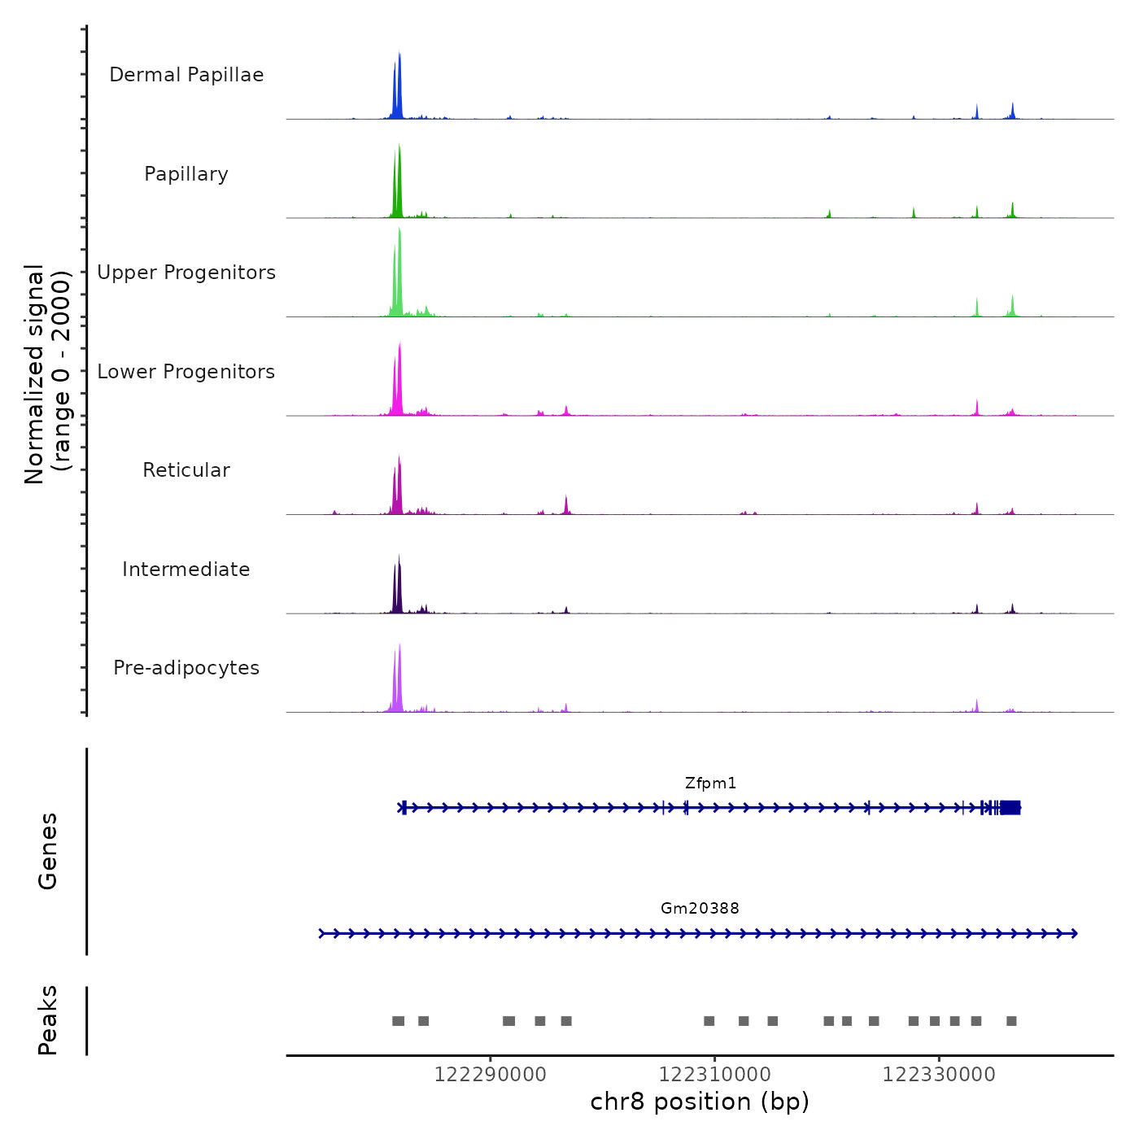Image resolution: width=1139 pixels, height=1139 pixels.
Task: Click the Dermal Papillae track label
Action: coord(186,75)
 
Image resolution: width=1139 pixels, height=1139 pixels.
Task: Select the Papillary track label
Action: coord(186,174)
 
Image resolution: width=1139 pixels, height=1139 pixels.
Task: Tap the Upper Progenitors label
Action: coord(186,273)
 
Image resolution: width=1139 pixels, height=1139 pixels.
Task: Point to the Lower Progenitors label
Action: coord(186,372)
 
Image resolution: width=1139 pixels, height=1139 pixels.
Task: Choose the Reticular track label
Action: coord(186,470)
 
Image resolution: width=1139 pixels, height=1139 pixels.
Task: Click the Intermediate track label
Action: coord(186,569)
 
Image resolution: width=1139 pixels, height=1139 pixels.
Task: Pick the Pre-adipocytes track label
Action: coord(186,668)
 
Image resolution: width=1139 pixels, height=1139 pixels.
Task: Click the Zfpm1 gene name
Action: coord(710,783)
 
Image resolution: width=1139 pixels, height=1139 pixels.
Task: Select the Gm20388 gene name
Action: coord(700,909)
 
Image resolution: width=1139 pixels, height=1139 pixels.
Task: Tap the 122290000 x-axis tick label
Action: coord(491,1075)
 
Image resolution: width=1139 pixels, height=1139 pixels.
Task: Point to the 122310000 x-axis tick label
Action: coord(715,1075)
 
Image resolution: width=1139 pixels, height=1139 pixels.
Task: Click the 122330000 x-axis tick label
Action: coord(939,1075)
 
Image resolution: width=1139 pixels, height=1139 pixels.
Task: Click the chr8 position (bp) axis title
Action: coord(700,1102)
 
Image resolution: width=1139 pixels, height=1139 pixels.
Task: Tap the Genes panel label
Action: coord(48,851)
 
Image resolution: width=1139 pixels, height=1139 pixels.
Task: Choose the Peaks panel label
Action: coord(48,1020)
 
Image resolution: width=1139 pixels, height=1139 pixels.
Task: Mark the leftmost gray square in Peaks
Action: coord(398,1021)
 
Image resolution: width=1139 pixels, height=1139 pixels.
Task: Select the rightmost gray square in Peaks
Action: coord(1011,1021)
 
